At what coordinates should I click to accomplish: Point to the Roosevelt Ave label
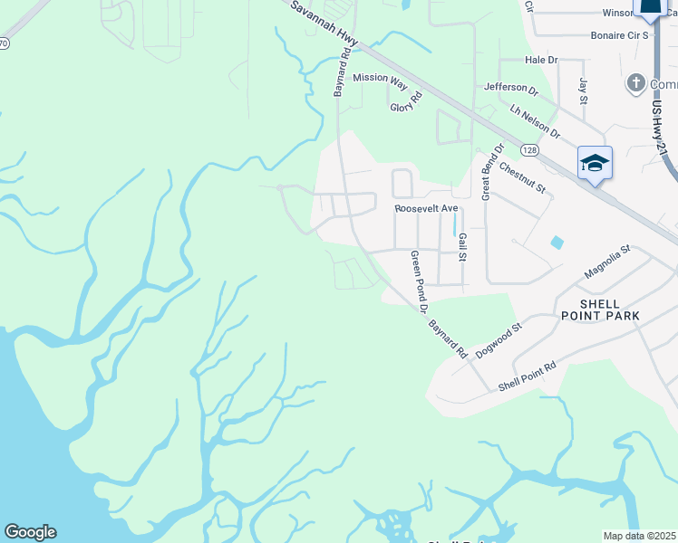click(421, 208)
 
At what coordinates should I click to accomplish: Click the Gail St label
click(462, 245)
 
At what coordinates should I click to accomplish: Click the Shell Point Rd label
click(527, 376)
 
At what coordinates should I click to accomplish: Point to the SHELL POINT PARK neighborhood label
click(600, 310)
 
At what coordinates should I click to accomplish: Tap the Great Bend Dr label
click(491, 172)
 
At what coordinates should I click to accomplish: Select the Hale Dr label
click(541, 60)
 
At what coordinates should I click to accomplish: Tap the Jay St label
click(583, 90)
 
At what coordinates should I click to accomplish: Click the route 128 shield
click(528, 148)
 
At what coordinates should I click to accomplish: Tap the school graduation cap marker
click(595, 164)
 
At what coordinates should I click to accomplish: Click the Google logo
click(30, 532)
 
